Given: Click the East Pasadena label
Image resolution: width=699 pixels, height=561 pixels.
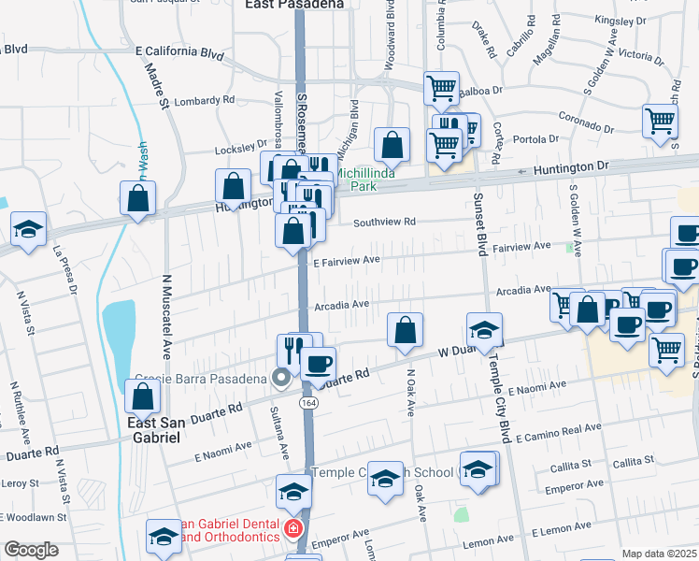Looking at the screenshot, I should tap(293, 4).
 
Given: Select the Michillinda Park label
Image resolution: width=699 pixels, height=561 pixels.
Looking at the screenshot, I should tap(365, 180).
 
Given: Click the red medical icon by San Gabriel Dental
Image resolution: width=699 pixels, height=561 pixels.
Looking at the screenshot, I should tap(292, 530).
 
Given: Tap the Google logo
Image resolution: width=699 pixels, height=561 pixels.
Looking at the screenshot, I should tap(31, 550).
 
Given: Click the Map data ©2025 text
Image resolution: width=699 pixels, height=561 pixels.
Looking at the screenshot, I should tap(658, 554).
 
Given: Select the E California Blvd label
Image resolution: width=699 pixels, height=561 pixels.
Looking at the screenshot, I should tap(179, 53).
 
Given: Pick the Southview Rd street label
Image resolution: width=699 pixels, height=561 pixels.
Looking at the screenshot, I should tap(384, 223).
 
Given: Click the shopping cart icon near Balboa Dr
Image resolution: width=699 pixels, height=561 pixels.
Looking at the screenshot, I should tap(442, 89).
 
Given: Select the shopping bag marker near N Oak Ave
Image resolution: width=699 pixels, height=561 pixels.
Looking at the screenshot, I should tap(405, 330).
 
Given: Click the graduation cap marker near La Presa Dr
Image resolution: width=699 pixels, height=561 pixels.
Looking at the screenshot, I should tap(29, 229).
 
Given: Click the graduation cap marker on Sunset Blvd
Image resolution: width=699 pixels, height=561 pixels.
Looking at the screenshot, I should tap(485, 330).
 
